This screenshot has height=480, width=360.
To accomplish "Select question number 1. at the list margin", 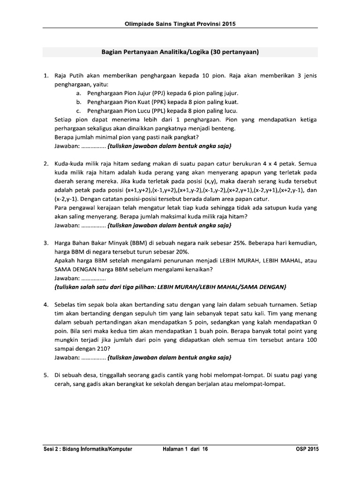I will (46, 75).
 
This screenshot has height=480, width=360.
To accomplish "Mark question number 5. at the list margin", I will (46, 375).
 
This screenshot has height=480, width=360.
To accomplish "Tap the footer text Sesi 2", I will (50, 449).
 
